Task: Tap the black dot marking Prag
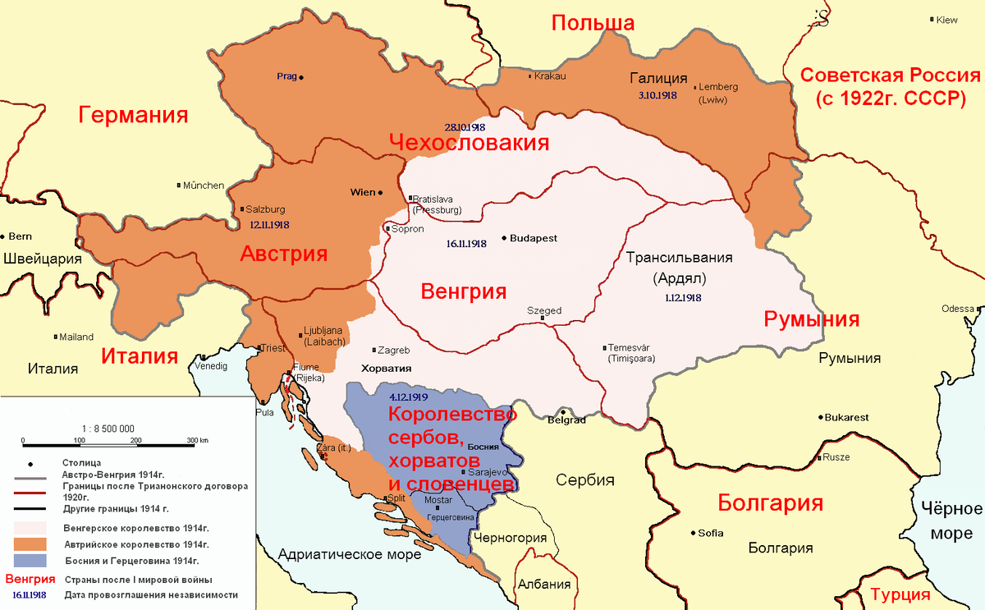tap(301, 77)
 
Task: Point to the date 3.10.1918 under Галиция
tap(657, 95)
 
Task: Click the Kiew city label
tap(946, 20)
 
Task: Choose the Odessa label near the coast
tap(956, 309)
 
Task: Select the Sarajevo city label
tap(488, 473)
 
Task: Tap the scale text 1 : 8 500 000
tap(108, 428)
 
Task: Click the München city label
tap(203, 186)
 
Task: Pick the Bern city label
tap(21, 236)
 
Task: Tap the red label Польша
tap(593, 23)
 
